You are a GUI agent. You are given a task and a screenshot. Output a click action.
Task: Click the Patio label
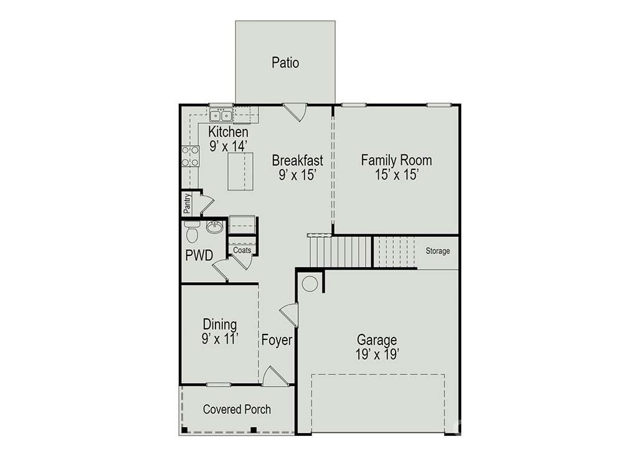(x=285, y=63)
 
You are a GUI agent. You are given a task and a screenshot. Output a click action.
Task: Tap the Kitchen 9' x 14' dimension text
(x=228, y=146)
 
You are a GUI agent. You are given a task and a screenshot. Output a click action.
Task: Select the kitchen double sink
(x=221, y=115)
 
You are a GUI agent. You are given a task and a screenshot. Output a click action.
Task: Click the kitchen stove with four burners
(x=190, y=156)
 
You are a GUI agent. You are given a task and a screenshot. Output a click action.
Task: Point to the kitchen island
(x=240, y=171)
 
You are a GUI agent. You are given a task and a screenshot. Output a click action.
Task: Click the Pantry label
(x=187, y=204)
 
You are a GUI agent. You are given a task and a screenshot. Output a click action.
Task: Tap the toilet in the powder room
(x=192, y=232)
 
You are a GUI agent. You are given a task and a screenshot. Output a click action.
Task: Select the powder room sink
(x=214, y=227)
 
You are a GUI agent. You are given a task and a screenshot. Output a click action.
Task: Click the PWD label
(x=199, y=255)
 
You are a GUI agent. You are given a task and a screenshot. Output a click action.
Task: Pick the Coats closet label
(x=242, y=250)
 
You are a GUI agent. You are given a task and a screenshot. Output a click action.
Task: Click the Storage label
(x=438, y=251)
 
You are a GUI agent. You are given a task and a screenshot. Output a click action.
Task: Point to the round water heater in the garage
(x=310, y=284)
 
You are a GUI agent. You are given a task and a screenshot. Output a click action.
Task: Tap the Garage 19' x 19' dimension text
(x=377, y=354)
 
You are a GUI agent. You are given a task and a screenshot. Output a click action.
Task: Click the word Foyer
(x=277, y=340)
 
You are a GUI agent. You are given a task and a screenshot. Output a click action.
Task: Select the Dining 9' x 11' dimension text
(x=220, y=339)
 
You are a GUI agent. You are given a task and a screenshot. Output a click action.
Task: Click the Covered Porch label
(x=237, y=409)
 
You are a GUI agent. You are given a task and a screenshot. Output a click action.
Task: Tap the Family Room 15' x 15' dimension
(x=397, y=174)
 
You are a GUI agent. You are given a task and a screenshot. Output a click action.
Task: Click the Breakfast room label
(x=297, y=160)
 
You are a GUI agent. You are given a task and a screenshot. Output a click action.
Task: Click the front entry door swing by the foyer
(x=274, y=376)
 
